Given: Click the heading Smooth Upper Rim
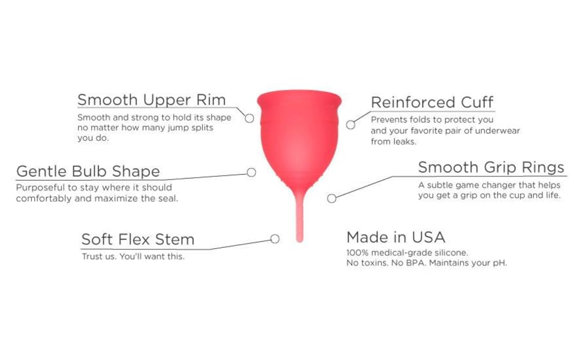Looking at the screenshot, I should click(x=151, y=99).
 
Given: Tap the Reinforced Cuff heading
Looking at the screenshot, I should click(x=432, y=102).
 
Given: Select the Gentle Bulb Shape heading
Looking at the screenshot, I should click(x=88, y=171).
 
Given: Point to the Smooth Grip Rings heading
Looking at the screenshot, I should click(x=491, y=167).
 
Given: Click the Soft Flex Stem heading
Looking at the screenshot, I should click(x=138, y=239).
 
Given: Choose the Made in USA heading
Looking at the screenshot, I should click(x=396, y=236).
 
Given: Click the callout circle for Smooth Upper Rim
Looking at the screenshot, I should click(x=250, y=118).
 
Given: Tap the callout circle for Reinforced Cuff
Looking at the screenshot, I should click(x=351, y=125).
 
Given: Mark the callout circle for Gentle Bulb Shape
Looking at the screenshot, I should click(x=251, y=172).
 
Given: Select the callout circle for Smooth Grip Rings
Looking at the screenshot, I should click(x=332, y=199).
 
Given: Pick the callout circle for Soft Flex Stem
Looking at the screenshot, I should click(x=275, y=239).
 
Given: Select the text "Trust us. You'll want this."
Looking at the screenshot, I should click(x=133, y=256).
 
